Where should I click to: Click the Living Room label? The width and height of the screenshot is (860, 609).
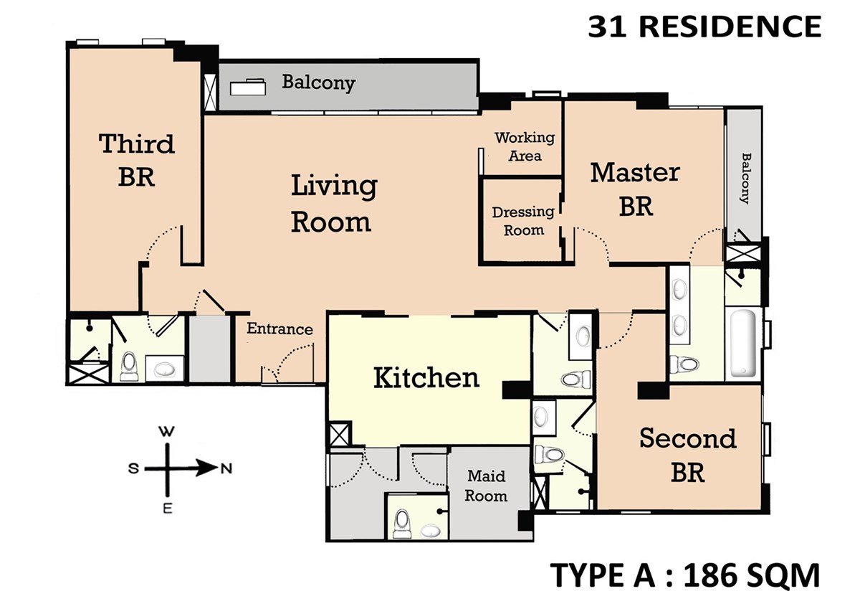point(334,204)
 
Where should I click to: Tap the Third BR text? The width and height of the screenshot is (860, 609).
point(137,160)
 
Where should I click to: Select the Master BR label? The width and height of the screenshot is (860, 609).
point(636,189)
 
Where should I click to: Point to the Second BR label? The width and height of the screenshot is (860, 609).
point(687,455)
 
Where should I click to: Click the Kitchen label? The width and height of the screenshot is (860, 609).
point(426,378)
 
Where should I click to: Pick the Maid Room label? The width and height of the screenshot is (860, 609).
point(486,486)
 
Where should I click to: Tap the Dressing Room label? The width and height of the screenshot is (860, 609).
point(523,221)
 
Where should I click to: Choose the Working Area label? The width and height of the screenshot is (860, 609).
point(525,146)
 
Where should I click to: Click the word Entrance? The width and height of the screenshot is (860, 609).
point(279,329)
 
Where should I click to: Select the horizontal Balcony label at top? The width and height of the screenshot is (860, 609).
point(319,82)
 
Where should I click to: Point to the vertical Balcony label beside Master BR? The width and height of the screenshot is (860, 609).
point(745,179)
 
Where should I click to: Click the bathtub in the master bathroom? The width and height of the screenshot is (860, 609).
point(743,343)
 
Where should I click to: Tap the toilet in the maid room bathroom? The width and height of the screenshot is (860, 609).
point(402,522)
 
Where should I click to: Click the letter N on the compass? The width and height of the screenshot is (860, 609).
point(226,468)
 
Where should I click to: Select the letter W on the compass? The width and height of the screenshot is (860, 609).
point(166,432)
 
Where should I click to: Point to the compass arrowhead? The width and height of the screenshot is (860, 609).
point(206,468)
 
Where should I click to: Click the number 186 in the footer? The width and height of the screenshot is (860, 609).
point(713,575)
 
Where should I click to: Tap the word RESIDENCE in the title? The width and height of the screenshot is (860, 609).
point(730,27)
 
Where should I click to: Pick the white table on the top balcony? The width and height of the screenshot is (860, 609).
point(248,87)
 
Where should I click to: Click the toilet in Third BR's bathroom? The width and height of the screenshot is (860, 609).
point(129,367)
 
